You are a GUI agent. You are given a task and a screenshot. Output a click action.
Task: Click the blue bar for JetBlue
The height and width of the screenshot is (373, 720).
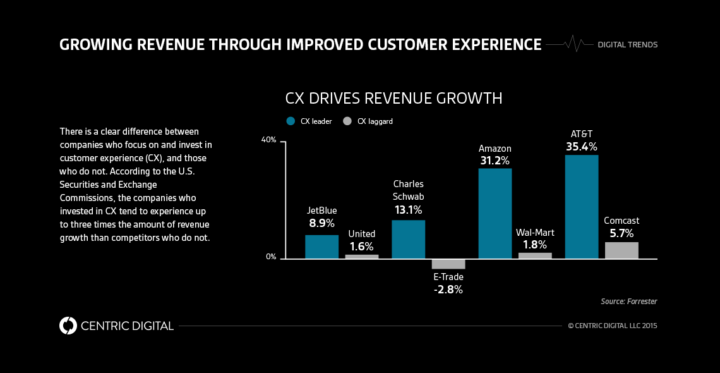[x=321, y=247]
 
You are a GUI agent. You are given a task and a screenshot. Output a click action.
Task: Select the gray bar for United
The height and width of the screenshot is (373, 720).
[x=361, y=257]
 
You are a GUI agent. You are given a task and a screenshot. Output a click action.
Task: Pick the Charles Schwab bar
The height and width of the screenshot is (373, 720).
[x=408, y=239]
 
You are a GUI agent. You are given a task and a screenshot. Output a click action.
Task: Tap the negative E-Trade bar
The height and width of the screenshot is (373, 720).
[x=448, y=264]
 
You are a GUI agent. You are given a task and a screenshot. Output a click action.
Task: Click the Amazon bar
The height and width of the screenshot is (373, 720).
[x=495, y=213]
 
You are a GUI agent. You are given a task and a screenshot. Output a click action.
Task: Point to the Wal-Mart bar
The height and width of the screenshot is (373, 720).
[x=534, y=255]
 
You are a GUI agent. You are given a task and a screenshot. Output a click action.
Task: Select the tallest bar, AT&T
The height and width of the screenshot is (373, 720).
[x=581, y=207]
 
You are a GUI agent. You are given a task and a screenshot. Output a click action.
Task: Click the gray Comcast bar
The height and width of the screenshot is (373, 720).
[x=621, y=250]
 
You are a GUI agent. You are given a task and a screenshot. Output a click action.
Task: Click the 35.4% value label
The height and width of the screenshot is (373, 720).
[x=581, y=147]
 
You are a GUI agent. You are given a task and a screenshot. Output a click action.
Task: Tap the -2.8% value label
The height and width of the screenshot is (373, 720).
[x=448, y=290]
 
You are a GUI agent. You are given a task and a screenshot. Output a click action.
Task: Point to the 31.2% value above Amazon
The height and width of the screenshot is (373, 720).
[x=495, y=161]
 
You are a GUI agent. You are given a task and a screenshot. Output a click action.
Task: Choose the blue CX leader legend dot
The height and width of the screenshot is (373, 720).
[x=291, y=121]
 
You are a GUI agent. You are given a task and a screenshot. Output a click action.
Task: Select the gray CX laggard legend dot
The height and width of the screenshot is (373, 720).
[x=347, y=121]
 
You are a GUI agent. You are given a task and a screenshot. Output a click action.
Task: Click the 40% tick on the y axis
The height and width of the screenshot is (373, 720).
[x=269, y=140]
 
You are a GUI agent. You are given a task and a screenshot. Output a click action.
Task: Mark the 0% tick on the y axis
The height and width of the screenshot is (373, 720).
[x=270, y=257]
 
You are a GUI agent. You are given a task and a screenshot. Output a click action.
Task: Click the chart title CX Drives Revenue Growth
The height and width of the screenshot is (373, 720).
[x=393, y=99]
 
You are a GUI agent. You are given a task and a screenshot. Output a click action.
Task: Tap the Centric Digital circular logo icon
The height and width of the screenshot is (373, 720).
[x=68, y=326]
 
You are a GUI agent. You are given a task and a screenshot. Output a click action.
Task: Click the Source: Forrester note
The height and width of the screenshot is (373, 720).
[x=628, y=302]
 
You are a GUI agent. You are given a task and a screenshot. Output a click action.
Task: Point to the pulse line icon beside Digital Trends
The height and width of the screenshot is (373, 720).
[x=571, y=44]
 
